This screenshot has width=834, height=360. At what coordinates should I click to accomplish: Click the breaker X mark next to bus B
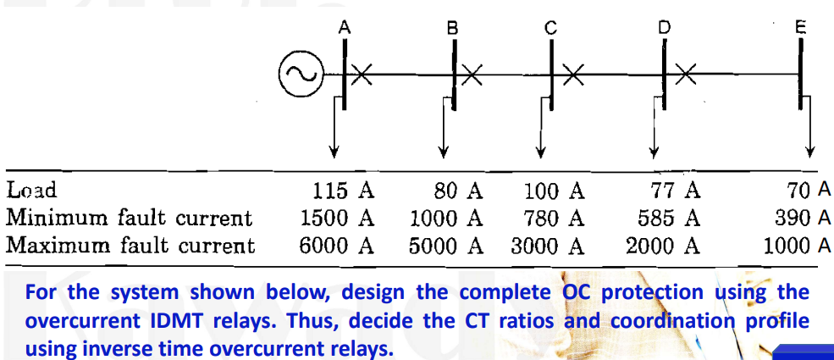[x=472, y=75]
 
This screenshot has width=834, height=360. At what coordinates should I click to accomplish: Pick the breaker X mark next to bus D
[x=684, y=75]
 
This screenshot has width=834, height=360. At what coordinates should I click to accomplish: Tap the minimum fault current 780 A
[x=554, y=219]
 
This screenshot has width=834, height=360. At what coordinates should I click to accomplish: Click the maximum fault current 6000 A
[x=336, y=246]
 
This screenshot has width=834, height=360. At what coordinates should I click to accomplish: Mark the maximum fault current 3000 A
[x=547, y=246]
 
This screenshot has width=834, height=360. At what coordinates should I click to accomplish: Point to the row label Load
[x=31, y=191]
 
